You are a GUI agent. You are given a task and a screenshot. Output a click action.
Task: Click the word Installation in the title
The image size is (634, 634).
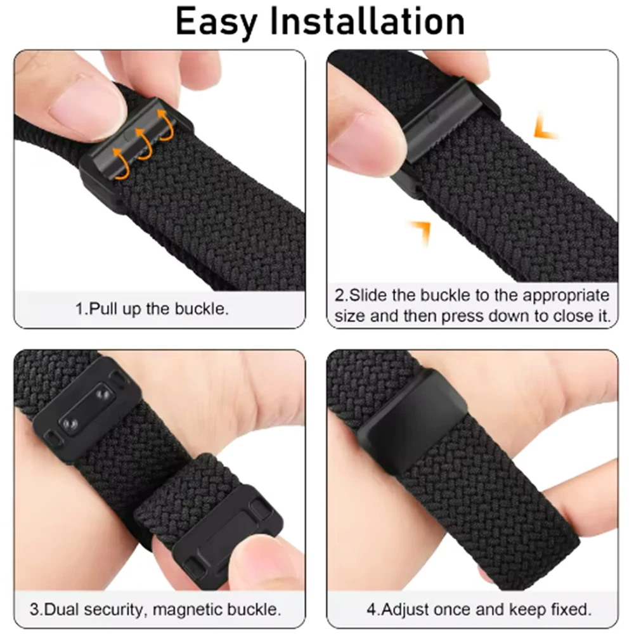coord(368,21)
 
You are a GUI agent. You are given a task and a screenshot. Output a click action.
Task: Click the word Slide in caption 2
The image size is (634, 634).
coord(368,295)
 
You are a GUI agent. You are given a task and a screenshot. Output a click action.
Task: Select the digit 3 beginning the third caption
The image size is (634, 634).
coord(34,609)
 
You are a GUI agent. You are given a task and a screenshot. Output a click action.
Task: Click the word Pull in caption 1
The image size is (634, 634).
coord(103,309)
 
